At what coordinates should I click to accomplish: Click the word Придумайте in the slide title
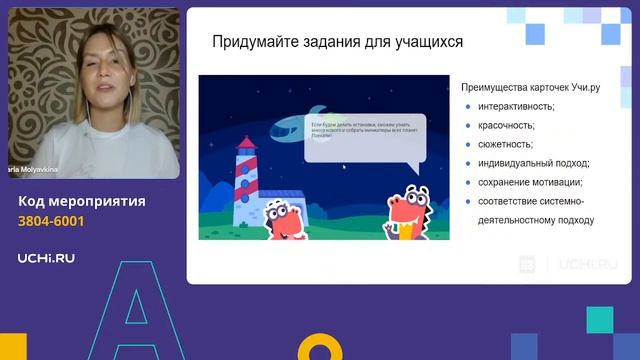(x=253, y=42)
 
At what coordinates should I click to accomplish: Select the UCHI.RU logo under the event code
(x=46, y=258)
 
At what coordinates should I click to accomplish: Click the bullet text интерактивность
(x=516, y=106)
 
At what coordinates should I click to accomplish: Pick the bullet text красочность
(x=506, y=125)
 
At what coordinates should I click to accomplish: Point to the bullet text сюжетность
(x=504, y=144)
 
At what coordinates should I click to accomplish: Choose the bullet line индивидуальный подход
(x=533, y=163)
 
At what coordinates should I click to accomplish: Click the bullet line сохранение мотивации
(x=530, y=182)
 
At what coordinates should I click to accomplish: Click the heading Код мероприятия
(x=82, y=201)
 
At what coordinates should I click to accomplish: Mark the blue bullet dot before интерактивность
(x=469, y=107)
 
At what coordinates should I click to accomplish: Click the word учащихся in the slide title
(x=424, y=42)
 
